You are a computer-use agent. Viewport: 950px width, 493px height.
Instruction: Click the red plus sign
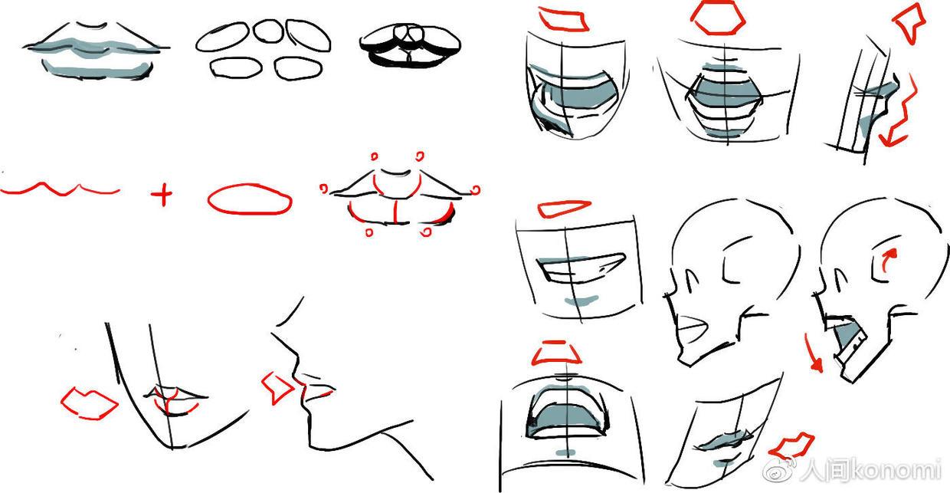(x=162, y=194)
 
